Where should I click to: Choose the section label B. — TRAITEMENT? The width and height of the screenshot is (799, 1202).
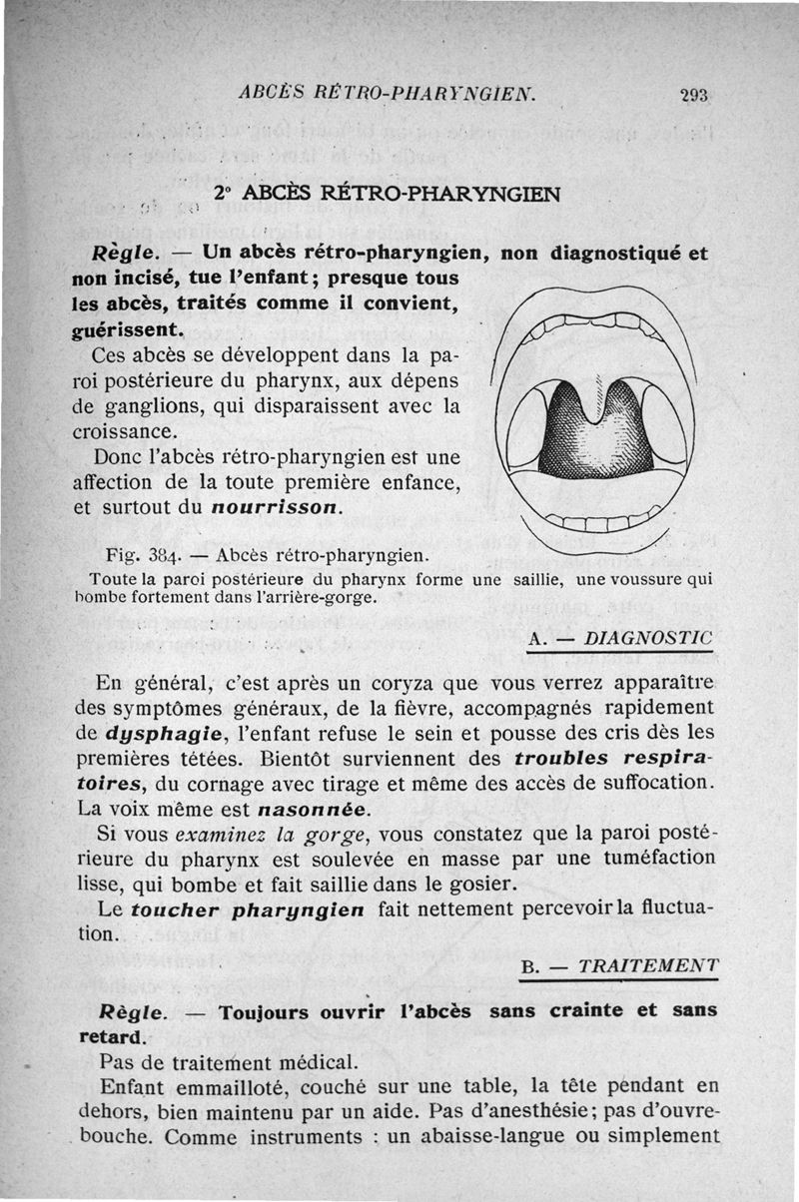coord(620,965)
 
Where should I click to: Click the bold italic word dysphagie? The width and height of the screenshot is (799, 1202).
coord(147,733)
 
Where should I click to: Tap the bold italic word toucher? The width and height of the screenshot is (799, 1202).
coord(177,910)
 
